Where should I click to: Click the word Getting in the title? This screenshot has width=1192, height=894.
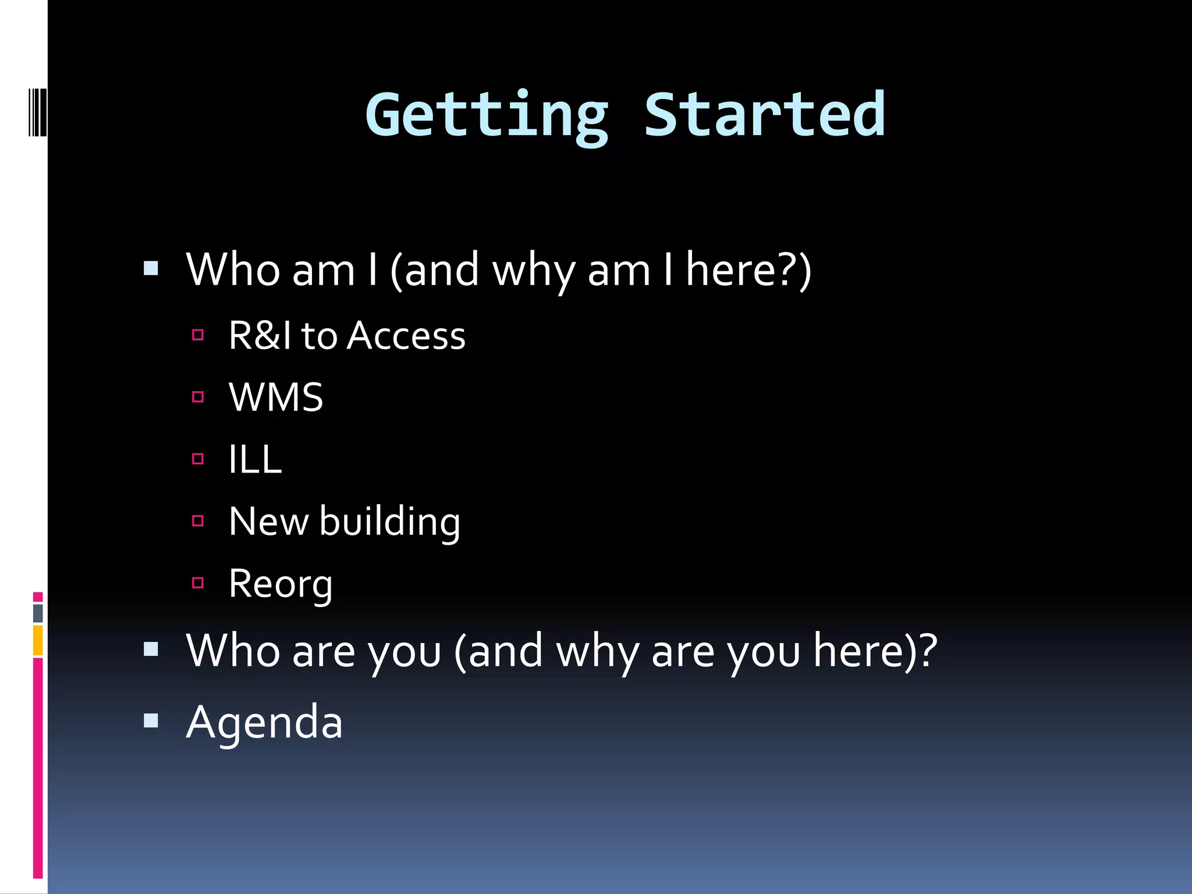point(486,116)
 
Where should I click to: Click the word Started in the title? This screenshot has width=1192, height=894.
point(764,115)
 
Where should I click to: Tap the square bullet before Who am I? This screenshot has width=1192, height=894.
point(151,268)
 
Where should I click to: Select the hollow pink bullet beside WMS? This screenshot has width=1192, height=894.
point(198,397)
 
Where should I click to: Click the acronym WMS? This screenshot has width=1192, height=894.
point(276,398)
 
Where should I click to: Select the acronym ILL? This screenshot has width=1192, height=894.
point(255,459)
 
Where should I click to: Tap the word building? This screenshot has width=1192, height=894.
point(389,521)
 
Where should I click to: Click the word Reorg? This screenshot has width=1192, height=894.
point(281,584)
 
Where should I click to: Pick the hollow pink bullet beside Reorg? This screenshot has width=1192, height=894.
point(198,583)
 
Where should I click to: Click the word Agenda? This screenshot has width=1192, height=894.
point(264,722)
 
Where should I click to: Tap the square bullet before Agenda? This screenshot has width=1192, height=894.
point(151,721)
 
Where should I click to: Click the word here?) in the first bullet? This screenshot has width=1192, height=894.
point(748,270)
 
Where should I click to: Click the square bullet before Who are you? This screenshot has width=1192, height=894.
point(151,649)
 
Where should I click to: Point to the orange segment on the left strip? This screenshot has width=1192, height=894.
point(38,640)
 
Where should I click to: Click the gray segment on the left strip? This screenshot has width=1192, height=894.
point(38,612)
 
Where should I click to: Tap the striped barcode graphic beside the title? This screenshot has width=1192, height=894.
point(37,111)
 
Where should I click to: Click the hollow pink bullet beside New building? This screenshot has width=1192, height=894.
point(198,521)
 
